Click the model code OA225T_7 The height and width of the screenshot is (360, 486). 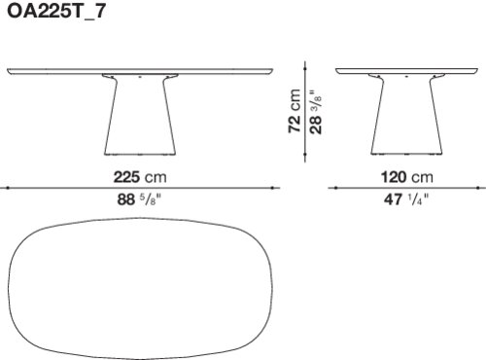click(x=56, y=12)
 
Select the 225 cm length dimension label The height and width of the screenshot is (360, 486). click(x=140, y=177)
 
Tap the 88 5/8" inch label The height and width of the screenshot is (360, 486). click(x=139, y=199)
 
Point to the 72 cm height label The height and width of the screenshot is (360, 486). click(x=295, y=111)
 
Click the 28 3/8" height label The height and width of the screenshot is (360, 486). click(x=316, y=112)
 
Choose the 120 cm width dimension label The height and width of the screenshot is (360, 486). click(x=407, y=177)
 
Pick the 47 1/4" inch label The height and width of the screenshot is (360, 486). click(x=406, y=199)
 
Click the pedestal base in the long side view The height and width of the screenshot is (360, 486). click(x=140, y=115)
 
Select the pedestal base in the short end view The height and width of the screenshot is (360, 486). click(x=406, y=115)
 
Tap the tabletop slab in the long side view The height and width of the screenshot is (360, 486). click(x=140, y=71)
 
